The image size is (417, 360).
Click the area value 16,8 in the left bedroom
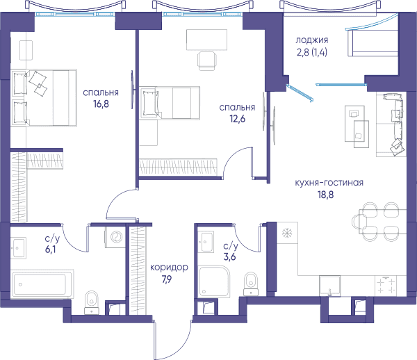(101, 104)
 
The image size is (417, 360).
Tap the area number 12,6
(238, 119)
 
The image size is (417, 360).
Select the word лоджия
(312, 40)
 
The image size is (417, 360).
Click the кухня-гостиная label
(329, 183)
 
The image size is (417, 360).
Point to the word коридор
(169, 268)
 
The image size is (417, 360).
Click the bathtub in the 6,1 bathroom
(42, 284)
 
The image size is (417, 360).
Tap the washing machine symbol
(115, 237)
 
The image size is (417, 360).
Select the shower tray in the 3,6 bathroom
(214, 281)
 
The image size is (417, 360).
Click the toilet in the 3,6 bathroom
(251, 284)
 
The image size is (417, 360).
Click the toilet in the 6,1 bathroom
(92, 302)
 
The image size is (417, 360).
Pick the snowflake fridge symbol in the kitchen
(287, 234)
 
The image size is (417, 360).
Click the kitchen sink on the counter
(329, 286)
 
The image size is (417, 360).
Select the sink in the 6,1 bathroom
(18, 248)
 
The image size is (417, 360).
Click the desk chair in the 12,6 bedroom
(207, 61)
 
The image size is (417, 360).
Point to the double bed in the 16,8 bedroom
(44, 98)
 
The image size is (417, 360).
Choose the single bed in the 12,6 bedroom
(170, 102)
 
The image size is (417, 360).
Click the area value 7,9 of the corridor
(167, 279)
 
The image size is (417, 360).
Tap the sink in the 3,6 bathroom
(206, 242)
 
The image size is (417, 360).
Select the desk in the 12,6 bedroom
(206, 40)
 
